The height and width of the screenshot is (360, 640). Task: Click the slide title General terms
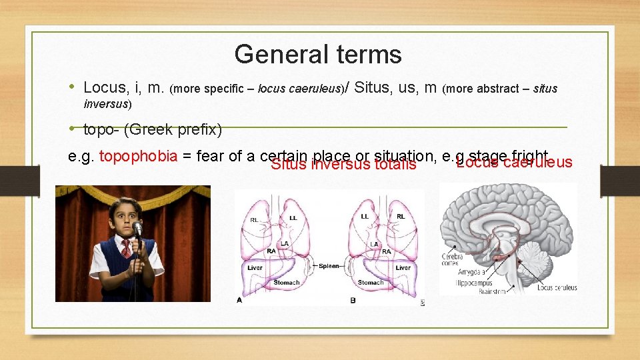(x=318, y=54)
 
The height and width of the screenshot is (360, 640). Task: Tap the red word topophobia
(x=138, y=156)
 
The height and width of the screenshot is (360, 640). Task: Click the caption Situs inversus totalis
(x=343, y=164)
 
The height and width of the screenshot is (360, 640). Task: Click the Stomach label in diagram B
(x=371, y=283)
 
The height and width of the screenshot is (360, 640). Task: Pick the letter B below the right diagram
(x=353, y=301)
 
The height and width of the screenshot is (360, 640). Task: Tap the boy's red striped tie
(x=126, y=248)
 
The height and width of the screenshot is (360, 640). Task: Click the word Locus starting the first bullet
(x=106, y=87)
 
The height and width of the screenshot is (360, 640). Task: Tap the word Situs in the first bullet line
(x=374, y=87)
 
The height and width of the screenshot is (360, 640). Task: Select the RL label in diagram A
(x=255, y=219)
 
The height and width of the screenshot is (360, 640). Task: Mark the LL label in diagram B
(x=364, y=217)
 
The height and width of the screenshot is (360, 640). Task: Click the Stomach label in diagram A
(x=287, y=283)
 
